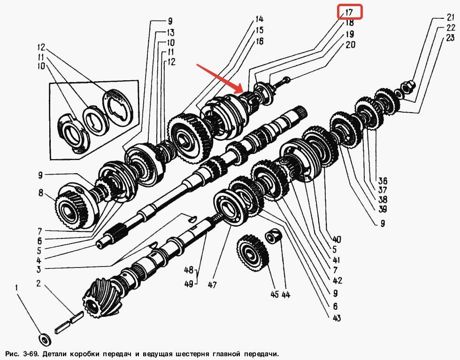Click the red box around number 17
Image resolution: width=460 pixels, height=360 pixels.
pos(350,12)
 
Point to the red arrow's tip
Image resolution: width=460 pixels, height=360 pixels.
pos(242,91)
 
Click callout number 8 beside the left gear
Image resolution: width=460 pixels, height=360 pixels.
pos(41,192)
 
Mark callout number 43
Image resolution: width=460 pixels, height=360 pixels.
pos(337,318)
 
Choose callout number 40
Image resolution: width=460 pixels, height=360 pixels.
pos(337,239)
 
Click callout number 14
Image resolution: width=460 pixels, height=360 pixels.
pos(259,19)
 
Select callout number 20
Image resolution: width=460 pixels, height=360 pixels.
pos(350,45)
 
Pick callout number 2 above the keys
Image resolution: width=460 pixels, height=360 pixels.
pos(38,283)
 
